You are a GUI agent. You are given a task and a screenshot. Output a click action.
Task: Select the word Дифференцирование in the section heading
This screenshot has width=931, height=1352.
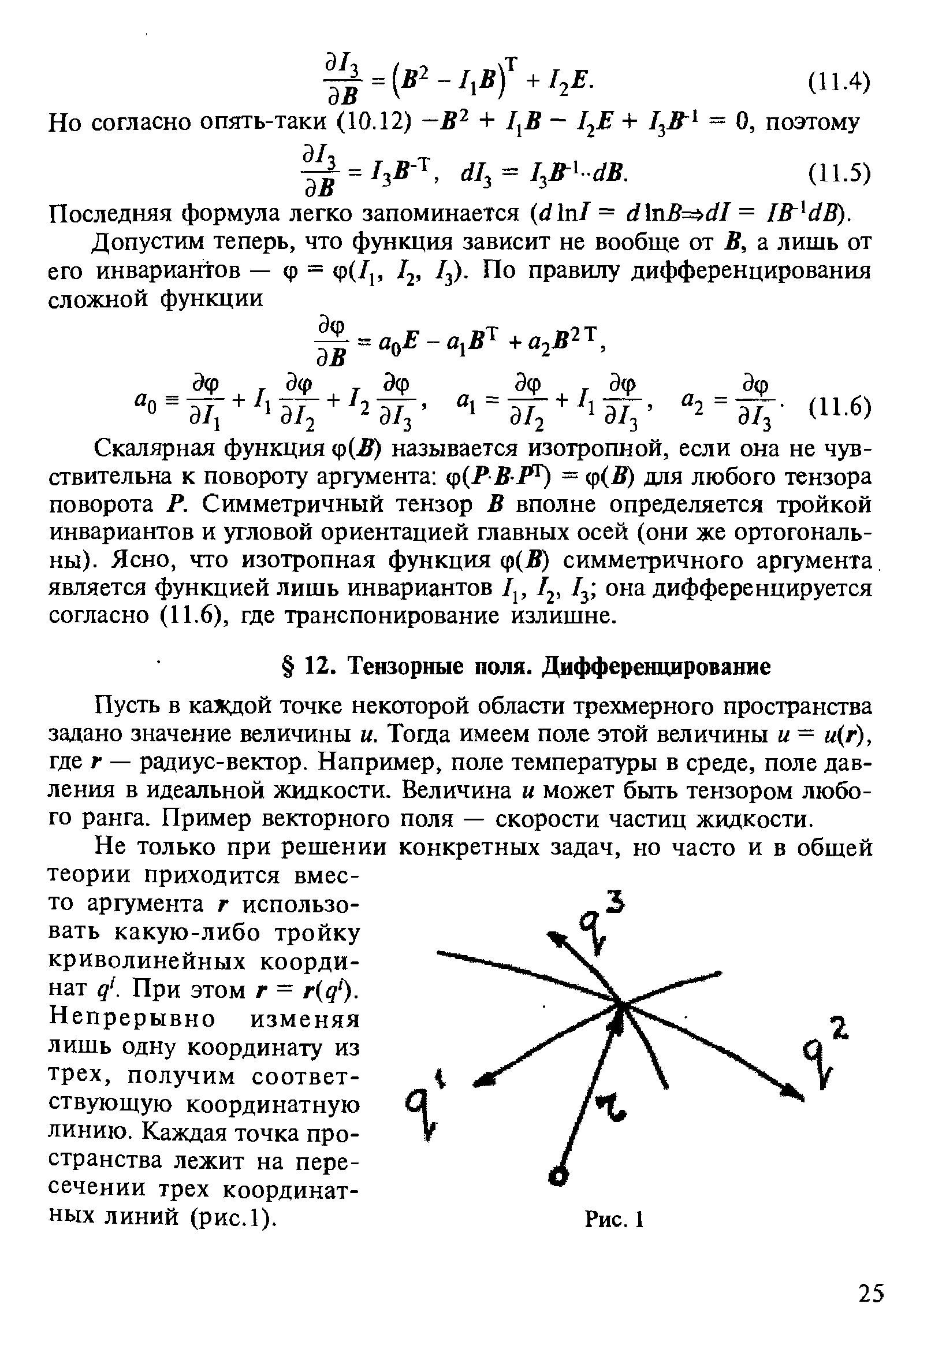point(657,666)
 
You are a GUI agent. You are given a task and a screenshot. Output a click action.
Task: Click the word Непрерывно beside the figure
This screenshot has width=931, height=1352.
point(132,1019)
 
